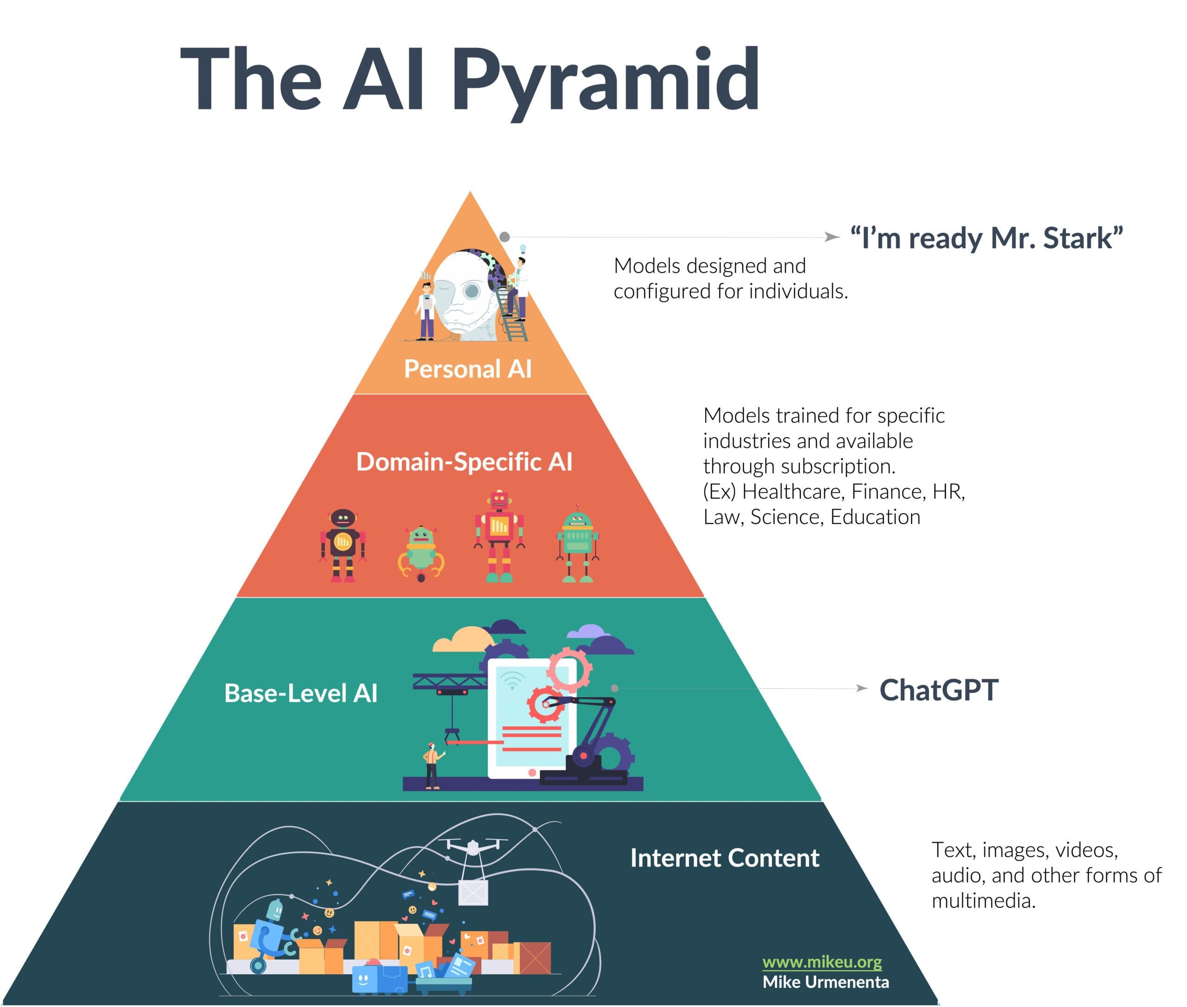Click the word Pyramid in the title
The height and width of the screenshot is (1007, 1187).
(605, 80)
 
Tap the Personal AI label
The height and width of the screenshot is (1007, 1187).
(467, 369)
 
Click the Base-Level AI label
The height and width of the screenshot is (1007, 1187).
(301, 693)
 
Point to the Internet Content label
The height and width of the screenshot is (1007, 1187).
(724, 858)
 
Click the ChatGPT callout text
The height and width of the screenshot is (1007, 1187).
(939, 690)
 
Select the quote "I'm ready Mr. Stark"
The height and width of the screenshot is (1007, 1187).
(986, 237)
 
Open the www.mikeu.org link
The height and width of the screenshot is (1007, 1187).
(822, 962)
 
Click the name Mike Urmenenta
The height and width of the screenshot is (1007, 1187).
(825, 982)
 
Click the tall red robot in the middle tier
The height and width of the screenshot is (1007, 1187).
(499, 535)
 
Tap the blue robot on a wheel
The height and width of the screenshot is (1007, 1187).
(268, 936)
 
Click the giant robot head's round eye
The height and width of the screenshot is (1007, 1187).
(472, 291)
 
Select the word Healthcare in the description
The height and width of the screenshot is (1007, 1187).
(793, 492)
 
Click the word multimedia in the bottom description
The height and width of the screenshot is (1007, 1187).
(983, 901)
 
